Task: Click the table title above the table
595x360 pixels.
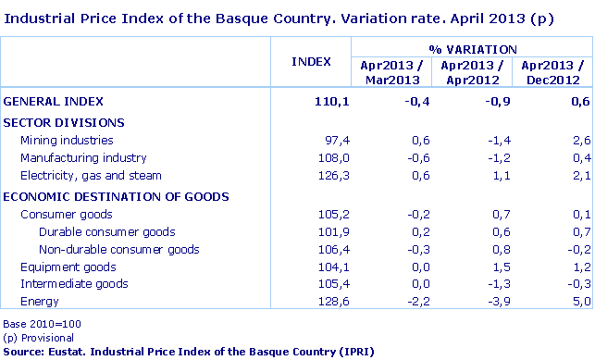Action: coord(278,18)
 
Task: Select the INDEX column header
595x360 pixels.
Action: coord(311,62)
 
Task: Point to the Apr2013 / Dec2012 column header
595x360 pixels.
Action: coord(552,72)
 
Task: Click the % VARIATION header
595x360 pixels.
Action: coord(472,48)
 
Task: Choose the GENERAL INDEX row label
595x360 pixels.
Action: coord(54,101)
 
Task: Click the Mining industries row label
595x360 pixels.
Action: coord(67,141)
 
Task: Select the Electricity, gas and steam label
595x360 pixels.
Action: coord(91,176)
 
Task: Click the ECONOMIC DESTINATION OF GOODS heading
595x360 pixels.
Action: coord(117,196)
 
